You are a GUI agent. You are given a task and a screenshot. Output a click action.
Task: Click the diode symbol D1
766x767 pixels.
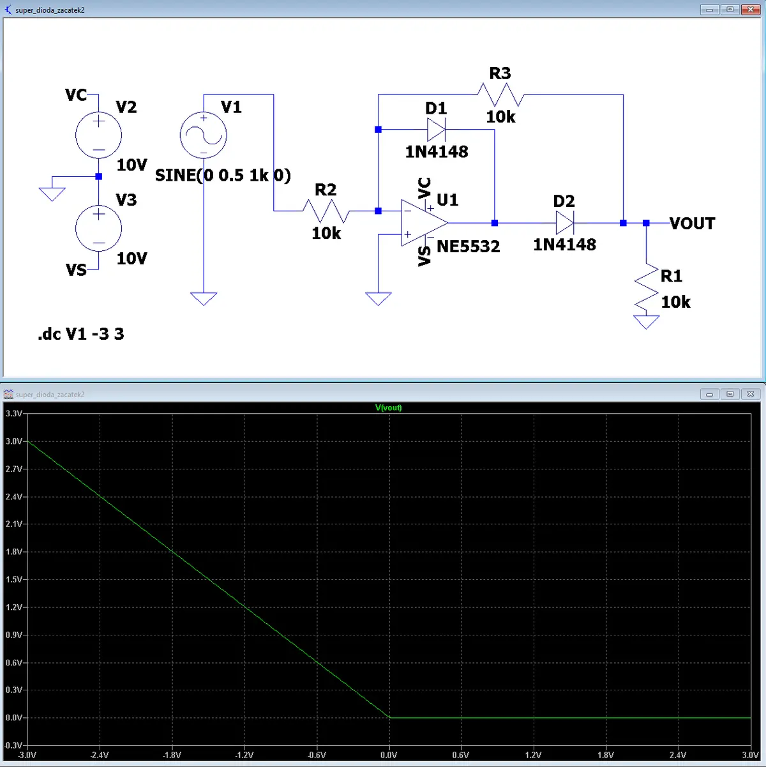pos(436,130)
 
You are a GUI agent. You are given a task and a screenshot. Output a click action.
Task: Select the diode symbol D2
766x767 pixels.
pos(565,222)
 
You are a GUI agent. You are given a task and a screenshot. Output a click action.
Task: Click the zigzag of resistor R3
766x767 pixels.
pos(500,95)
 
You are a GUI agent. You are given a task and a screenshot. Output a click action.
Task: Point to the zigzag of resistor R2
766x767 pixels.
pos(326,211)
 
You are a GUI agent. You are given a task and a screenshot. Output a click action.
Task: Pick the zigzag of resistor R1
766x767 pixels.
pos(646,287)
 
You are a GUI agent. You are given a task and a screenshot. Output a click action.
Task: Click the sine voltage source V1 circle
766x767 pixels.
pos(204,135)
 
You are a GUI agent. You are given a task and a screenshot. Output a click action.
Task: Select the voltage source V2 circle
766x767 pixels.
pos(99,135)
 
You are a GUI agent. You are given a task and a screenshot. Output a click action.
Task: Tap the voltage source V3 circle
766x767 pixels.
pos(99,228)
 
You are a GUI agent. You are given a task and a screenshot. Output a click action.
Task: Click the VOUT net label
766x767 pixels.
pos(692,224)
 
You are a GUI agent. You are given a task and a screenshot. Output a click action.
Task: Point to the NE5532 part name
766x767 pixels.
pos(468,247)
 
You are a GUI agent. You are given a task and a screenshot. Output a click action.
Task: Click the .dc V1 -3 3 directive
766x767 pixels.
pos(81,333)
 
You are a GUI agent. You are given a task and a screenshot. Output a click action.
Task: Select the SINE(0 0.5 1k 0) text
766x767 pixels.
pos(223,175)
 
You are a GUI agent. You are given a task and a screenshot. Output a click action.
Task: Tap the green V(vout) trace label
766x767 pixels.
pos(388,407)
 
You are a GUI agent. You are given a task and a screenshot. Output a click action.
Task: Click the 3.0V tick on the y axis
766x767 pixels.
pos(13,441)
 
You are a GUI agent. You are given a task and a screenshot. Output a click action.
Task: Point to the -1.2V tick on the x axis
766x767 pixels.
pos(244,755)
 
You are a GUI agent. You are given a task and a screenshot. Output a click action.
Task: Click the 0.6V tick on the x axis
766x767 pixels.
pos(461,755)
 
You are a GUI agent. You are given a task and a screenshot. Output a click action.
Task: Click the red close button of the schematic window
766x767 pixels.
pos(751,10)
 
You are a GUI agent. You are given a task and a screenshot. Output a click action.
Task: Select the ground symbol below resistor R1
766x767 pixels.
pos(646,322)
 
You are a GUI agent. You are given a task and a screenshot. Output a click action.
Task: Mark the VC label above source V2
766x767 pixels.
pos(76,95)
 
